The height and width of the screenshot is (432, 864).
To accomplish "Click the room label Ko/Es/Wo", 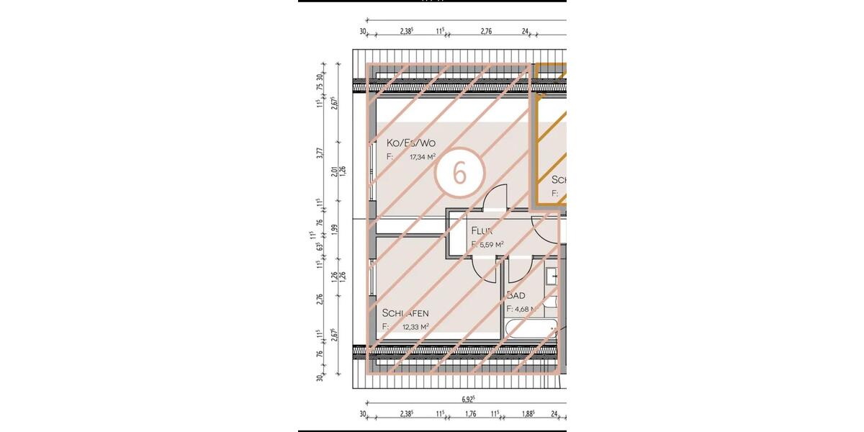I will [411, 143].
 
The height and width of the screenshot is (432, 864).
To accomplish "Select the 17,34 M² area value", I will [423, 156].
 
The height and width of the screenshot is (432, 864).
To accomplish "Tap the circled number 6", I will [459, 173].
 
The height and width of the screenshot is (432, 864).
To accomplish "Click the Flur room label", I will [481, 231].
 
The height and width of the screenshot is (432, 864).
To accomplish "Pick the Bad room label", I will [516, 295].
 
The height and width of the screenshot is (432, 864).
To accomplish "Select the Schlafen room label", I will [406, 313].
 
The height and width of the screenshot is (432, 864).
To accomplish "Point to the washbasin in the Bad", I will [552, 276].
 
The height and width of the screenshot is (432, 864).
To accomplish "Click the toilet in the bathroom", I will [554, 302].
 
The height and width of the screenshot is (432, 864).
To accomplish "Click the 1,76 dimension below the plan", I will [471, 414].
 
